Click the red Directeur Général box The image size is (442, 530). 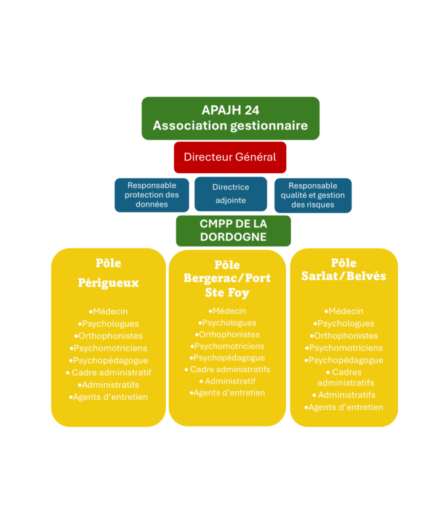coord(230,157)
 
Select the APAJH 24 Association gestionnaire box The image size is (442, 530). coord(230,118)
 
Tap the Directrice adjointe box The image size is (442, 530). coord(230,194)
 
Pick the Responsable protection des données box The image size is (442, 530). coord(151,195)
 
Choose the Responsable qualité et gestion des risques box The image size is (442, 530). coord(313,195)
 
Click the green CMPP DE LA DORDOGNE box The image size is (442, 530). coord(233,230)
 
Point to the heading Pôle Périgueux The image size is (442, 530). coord(108,273)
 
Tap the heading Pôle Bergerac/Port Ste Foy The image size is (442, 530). coord(227,278)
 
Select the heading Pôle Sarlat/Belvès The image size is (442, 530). coord(344,269)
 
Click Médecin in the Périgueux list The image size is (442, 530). coord(108,311)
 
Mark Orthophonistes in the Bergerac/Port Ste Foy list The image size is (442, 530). coord(227,335)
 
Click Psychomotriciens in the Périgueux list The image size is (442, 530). coord(108,348)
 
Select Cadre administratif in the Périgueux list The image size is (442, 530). coord(108,373)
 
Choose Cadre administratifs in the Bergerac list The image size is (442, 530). coord(227,369)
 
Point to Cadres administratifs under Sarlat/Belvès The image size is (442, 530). coord(345,378)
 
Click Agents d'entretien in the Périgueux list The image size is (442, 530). coord(108,397)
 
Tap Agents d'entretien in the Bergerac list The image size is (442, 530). coord(227,393)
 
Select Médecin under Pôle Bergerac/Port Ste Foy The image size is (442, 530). coord(227,311)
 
